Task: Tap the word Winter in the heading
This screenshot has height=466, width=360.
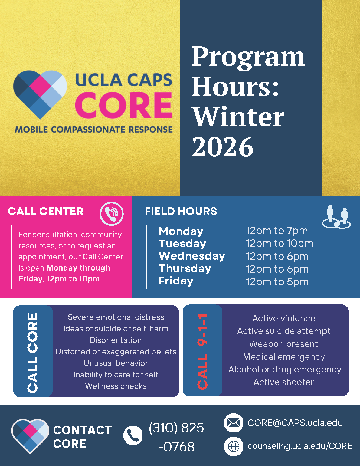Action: [238, 117]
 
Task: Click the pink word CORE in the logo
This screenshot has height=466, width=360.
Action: [123, 105]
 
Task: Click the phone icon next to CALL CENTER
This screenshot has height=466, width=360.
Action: [112, 214]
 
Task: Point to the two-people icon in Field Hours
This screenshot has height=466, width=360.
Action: [336, 217]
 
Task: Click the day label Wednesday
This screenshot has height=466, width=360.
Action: [192, 256]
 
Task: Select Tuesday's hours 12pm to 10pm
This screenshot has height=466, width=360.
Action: [279, 244]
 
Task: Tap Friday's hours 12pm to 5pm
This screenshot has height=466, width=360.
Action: [277, 282]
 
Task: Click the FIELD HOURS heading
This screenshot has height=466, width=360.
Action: [181, 211]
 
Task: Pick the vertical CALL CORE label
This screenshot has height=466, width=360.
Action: [33, 352]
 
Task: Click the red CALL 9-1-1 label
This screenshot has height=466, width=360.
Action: [203, 351]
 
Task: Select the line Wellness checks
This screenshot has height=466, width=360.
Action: [116, 386]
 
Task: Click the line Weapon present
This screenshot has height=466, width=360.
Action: [283, 344]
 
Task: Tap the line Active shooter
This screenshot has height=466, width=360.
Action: [283, 382]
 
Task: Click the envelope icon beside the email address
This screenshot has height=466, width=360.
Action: [234, 423]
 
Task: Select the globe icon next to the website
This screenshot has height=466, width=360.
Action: [234, 446]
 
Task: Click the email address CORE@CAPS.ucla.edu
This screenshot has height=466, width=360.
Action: [295, 423]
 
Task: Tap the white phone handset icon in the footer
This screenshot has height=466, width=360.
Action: [133, 435]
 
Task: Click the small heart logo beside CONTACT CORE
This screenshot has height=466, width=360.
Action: [30, 435]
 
